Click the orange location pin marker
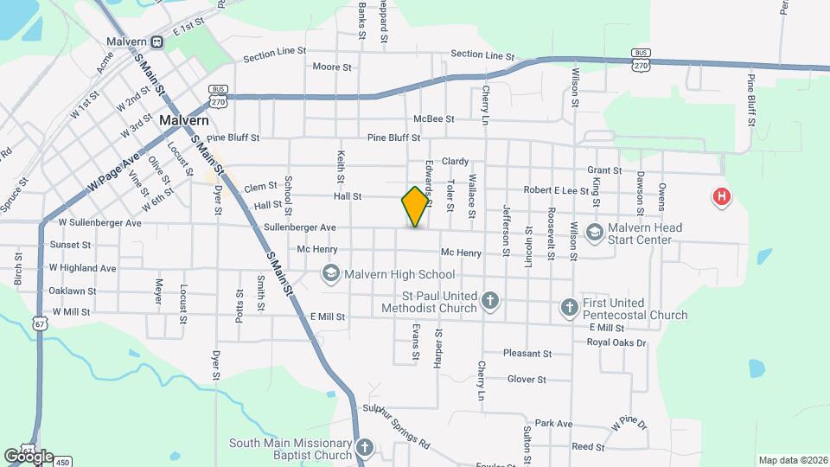[416, 206]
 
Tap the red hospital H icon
[720, 197]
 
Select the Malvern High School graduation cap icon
[330, 274]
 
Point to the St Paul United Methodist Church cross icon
[490, 301]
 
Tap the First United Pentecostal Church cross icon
[569, 307]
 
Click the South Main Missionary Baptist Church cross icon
[365, 448]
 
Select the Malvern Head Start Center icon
[594, 232]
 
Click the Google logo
[29, 456]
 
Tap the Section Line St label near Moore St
[275, 54]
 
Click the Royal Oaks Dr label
[616, 342]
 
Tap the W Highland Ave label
[83, 268]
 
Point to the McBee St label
[433, 118]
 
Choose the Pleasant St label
[527, 354]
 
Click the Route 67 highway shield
[40, 323]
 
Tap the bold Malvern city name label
[183, 121]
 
